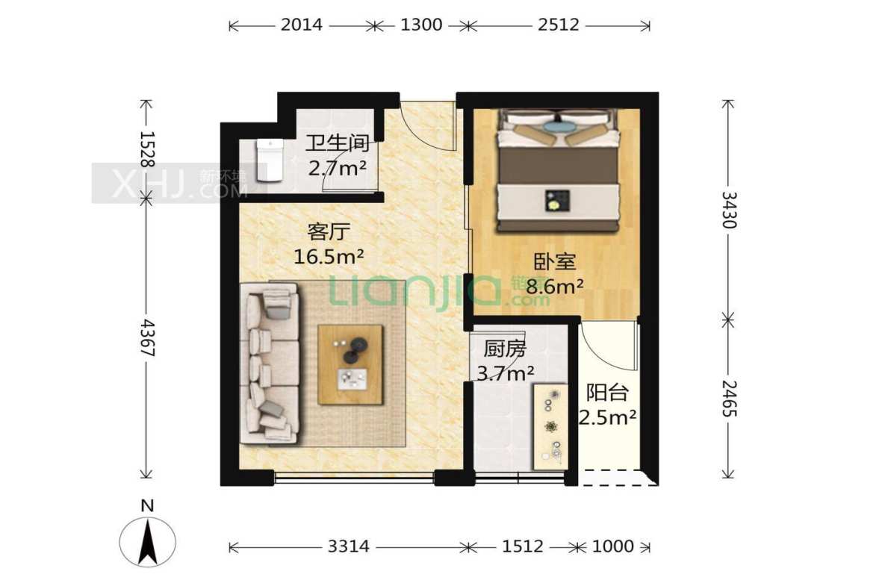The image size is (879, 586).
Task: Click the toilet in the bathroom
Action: click(x=269, y=160)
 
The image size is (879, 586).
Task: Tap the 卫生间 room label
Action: click(x=337, y=143)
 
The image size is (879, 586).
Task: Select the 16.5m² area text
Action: click(x=329, y=257)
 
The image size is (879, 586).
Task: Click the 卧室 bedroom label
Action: click(x=554, y=261)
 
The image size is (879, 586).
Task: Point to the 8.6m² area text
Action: click(x=554, y=286)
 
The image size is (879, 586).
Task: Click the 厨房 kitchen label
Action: click(x=505, y=349)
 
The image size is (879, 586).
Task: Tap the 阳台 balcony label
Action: click(x=607, y=393)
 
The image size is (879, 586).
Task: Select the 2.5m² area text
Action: click(x=607, y=417)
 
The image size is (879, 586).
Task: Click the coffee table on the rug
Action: click(x=350, y=365)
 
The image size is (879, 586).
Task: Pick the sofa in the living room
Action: click(x=269, y=363)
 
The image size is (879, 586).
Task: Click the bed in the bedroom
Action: click(x=559, y=170)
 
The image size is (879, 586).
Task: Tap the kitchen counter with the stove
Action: click(x=550, y=426)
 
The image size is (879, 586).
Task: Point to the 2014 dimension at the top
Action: click(x=302, y=25)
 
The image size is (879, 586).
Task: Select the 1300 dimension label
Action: click(x=421, y=25)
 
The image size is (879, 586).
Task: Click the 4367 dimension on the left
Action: click(x=147, y=338)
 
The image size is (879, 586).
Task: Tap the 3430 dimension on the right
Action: click(x=728, y=210)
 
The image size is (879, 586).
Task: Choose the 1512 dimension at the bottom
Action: click(x=523, y=546)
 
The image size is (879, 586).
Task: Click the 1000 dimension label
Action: click(x=613, y=546)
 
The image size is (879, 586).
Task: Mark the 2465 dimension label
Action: click(x=728, y=399)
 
